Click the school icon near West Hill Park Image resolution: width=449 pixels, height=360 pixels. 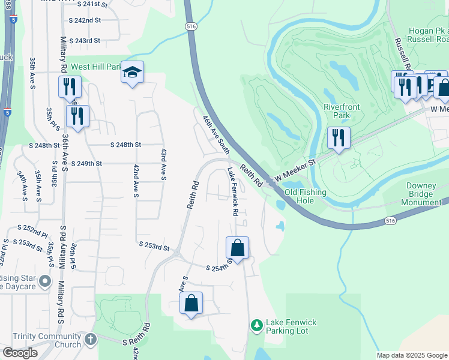[x=132, y=73]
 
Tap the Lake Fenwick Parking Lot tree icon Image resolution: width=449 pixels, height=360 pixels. [x=257, y=325]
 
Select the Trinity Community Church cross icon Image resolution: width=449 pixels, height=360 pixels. [x=90, y=340]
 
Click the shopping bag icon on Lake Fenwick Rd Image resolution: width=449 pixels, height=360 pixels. [x=237, y=248]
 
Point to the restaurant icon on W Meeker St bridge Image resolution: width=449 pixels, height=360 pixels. [x=339, y=138]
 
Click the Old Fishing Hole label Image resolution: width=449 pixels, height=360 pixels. [x=306, y=197]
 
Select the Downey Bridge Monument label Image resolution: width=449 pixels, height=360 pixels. [x=426, y=194]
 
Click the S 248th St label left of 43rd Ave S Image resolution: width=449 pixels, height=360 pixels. [x=125, y=145]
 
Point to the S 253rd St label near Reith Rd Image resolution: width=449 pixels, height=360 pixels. [x=155, y=245]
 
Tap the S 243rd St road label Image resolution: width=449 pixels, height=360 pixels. [x=85, y=41]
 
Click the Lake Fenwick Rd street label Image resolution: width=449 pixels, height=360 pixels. [x=233, y=193]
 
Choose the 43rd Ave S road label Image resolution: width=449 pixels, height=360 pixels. [x=163, y=163]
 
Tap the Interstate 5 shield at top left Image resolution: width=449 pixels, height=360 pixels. [x=13, y=20]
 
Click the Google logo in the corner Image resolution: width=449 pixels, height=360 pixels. [x=19, y=353]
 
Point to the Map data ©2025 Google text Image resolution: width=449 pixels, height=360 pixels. [x=411, y=355]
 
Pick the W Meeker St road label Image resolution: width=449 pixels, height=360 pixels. [x=295, y=172]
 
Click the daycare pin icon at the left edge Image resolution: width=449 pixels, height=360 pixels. [x=44, y=281]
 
